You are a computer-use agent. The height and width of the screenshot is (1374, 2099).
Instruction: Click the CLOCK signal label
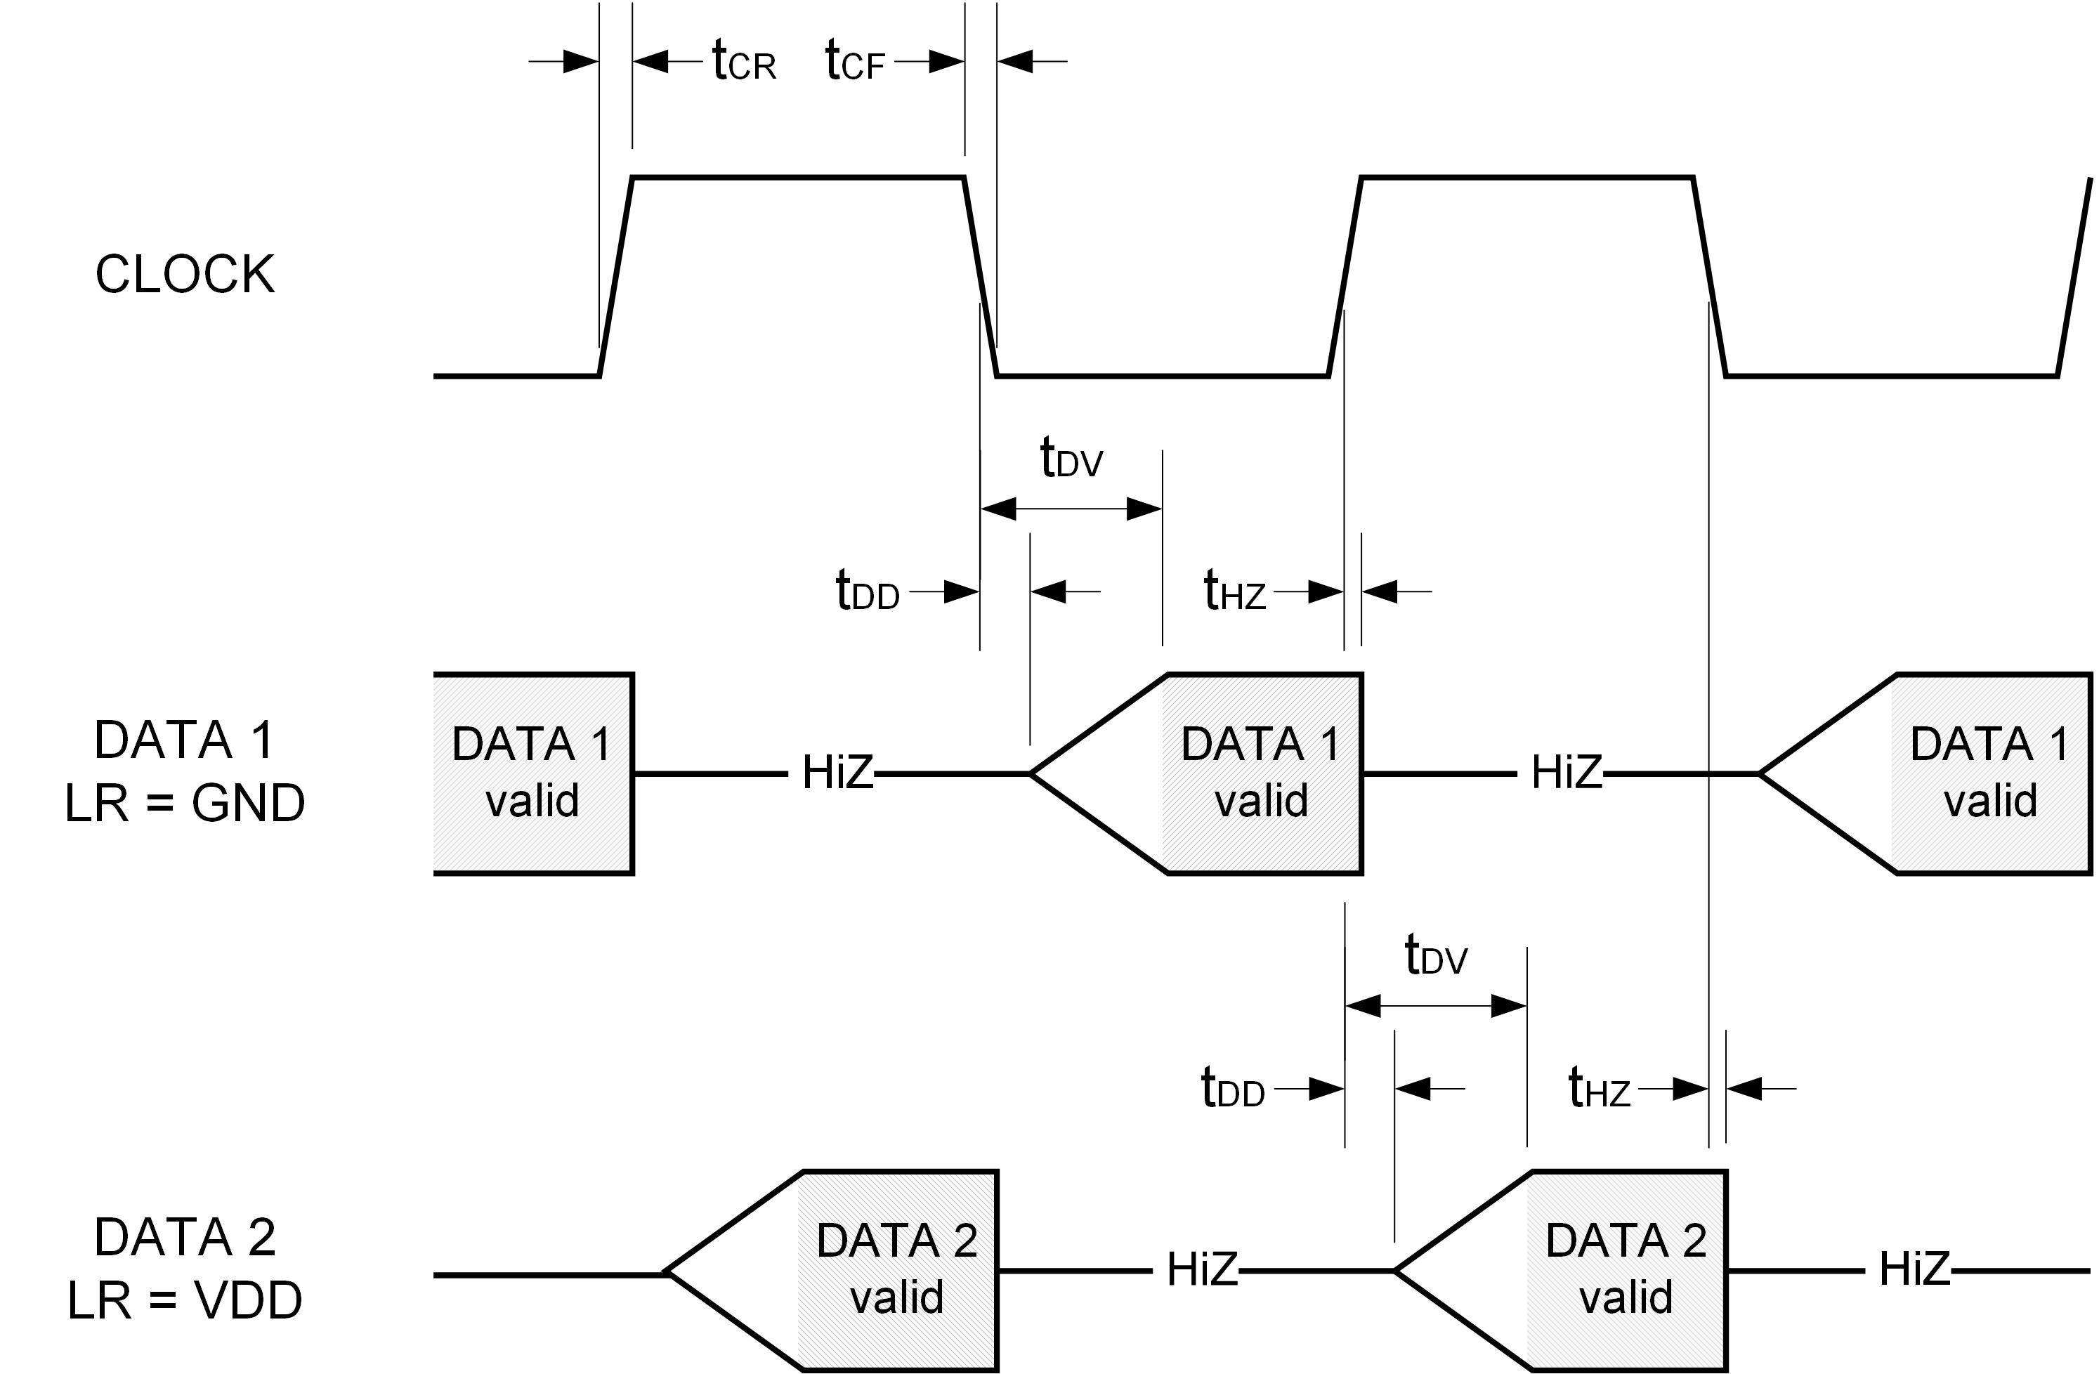pyautogui.click(x=185, y=274)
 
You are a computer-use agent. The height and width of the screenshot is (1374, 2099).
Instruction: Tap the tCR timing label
pyautogui.click(x=743, y=63)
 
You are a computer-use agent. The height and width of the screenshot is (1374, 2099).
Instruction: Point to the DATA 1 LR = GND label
pyautogui.click(x=185, y=772)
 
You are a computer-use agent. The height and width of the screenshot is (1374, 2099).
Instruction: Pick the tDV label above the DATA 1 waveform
pyautogui.click(x=1071, y=459)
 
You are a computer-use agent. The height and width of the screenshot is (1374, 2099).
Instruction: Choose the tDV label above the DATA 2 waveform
pyautogui.click(x=1436, y=956)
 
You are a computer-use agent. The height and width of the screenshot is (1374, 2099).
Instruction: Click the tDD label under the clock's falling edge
pyautogui.click(x=867, y=591)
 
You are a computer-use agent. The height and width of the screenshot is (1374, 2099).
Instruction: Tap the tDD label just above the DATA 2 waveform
pyautogui.click(x=1232, y=1089)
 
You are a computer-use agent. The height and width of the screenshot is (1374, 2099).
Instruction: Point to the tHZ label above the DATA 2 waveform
pyautogui.click(x=1598, y=1089)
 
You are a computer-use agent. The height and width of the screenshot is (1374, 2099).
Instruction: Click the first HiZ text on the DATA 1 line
pyautogui.click(x=837, y=773)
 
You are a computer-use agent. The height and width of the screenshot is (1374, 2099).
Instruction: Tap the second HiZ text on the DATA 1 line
pyautogui.click(x=1567, y=773)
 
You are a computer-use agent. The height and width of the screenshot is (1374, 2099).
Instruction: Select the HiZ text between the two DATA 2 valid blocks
pyautogui.click(x=1202, y=1270)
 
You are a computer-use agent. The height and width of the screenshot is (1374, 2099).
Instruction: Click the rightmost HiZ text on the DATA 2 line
pyautogui.click(x=1914, y=1270)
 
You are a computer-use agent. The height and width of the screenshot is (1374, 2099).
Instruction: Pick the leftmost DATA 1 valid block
pyautogui.click(x=532, y=773)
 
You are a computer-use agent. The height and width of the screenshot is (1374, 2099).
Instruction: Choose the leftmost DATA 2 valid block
pyautogui.click(x=897, y=1270)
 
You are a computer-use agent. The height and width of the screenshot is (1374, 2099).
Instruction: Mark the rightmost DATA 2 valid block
pyautogui.click(x=1626, y=1270)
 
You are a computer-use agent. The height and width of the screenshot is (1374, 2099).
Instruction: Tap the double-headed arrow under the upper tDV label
pyautogui.click(x=1071, y=509)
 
